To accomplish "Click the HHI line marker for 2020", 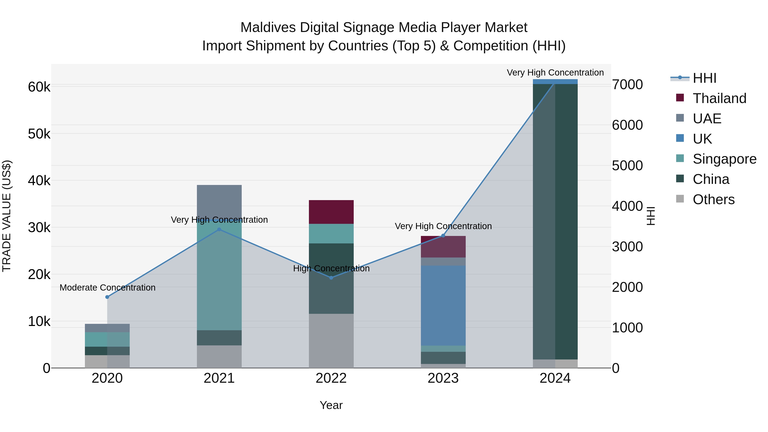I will point(107,297).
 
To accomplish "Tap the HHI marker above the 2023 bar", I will point(443,236).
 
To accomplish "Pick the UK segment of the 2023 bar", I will point(443,305).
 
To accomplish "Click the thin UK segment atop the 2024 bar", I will point(555,81).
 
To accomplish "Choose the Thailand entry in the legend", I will point(719,98).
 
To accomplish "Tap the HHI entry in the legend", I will point(704,78).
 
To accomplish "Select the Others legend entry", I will point(713,199).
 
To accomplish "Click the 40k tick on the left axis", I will point(39,181).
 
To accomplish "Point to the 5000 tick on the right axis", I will point(627,166).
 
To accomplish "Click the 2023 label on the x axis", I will point(443,378).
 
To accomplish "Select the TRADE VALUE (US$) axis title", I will point(7,216).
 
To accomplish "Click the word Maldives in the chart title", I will point(268,28).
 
